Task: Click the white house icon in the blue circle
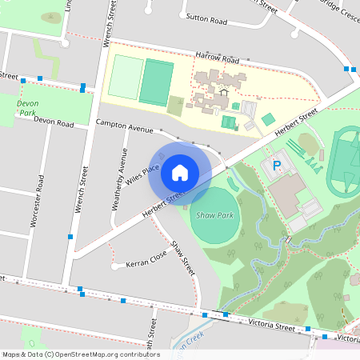(180, 171)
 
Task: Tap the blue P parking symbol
(278, 166)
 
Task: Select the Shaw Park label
(214, 215)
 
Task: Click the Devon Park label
(28, 108)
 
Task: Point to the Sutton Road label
(207, 16)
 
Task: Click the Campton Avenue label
(123, 126)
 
